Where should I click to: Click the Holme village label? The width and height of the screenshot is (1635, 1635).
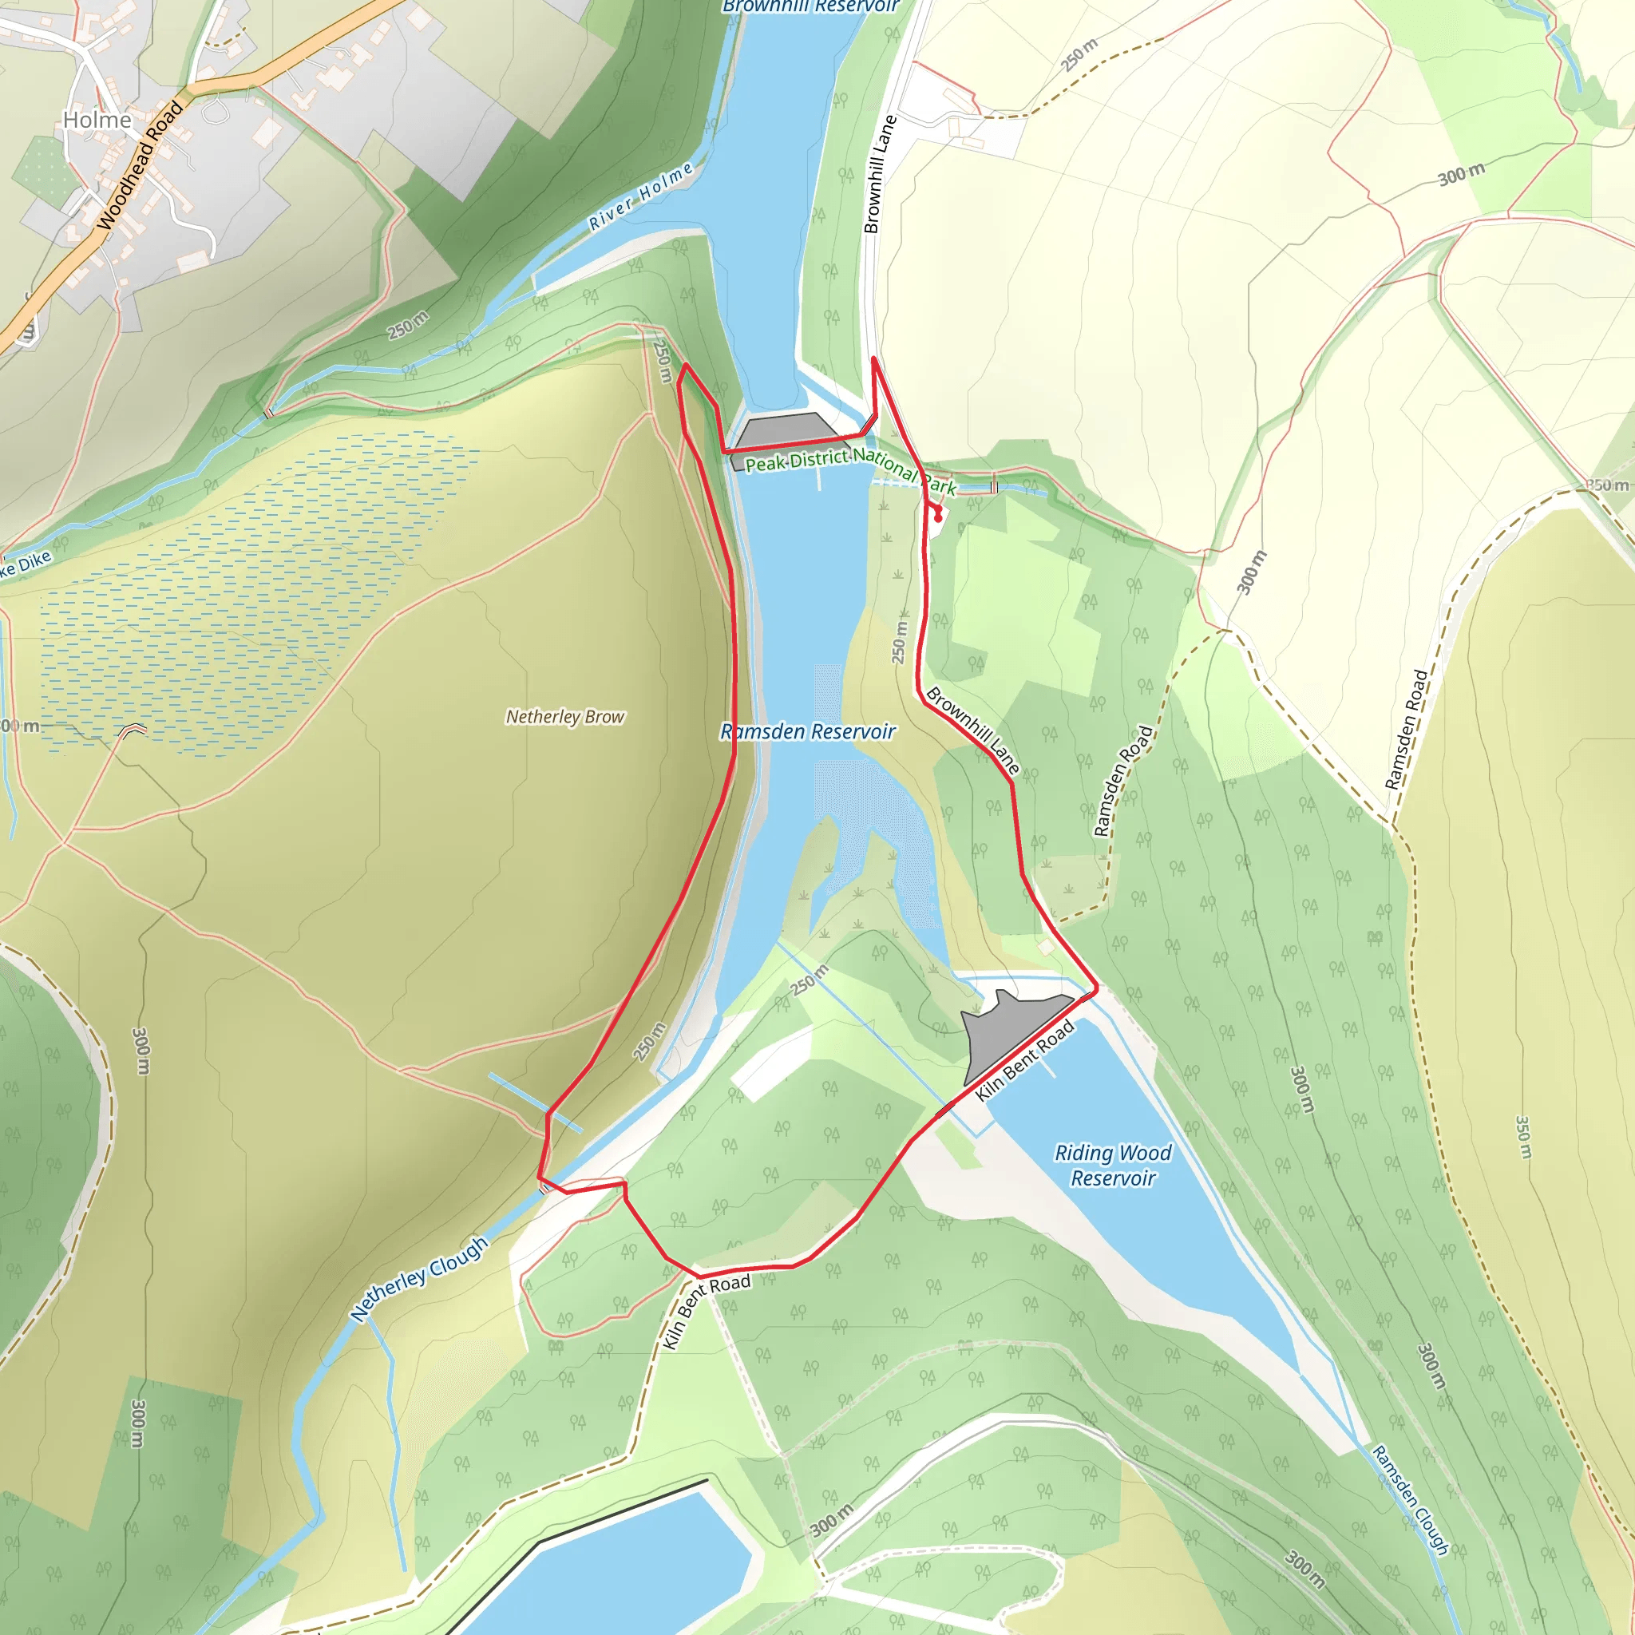tap(97, 121)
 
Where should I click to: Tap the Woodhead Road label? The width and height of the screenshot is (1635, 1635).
tap(140, 165)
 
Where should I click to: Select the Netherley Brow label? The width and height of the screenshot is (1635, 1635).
tap(565, 717)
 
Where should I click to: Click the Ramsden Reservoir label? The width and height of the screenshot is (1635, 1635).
tap(807, 732)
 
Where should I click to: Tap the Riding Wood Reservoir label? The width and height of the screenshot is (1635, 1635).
tap(1113, 1166)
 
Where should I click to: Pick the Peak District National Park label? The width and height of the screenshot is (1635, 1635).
tap(849, 469)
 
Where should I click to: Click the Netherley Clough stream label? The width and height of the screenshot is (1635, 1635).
tap(420, 1278)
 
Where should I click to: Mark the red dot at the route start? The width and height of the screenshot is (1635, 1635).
tap(938, 517)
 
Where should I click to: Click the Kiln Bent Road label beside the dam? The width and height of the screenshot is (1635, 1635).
tap(1025, 1060)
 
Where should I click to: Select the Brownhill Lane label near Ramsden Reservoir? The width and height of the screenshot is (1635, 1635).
tap(972, 730)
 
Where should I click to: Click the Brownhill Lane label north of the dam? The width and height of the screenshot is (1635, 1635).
tap(879, 174)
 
